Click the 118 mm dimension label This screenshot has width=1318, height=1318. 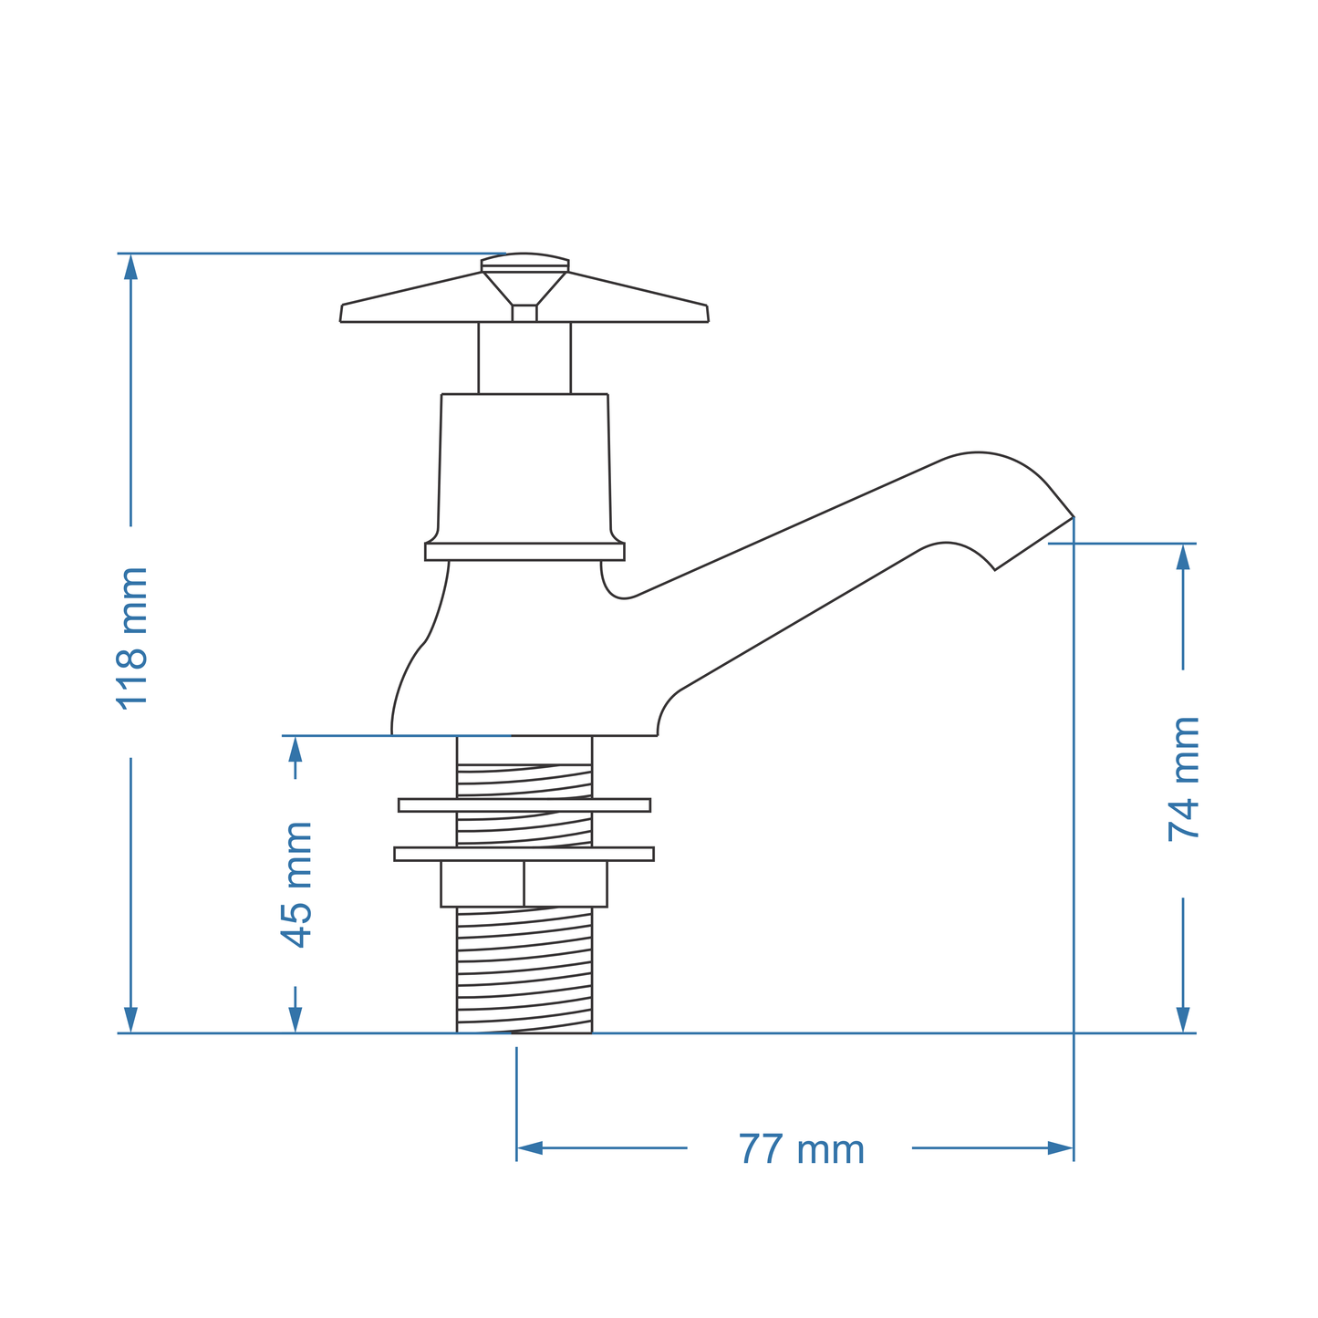click(x=132, y=638)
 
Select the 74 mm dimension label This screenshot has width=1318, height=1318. click(x=1184, y=778)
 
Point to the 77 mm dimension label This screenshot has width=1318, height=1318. click(x=801, y=1149)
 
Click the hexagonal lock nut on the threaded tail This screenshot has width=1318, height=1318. click(x=524, y=883)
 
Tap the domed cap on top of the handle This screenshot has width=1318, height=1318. click(x=524, y=261)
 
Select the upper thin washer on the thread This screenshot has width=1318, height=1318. click(x=524, y=804)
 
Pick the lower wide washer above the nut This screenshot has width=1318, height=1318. click(x=524, y=854)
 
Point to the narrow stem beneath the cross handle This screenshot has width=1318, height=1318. click(x=524, y=358)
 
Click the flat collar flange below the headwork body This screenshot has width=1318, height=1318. click(x=524, y=552)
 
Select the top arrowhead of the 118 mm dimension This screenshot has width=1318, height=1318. click(x=131, y=266)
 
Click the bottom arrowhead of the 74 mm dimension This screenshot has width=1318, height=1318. click(x=1183, y=1020)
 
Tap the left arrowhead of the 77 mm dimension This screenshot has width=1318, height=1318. click(x=530, y=1147)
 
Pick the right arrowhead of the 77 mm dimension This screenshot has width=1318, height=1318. click(x=1060, y=1147)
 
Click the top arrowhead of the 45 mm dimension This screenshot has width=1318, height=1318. click(x=295, y=749)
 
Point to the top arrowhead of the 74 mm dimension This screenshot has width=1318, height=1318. click(x=1183, y=556)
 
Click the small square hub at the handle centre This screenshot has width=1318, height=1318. click(x=524, y=313)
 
